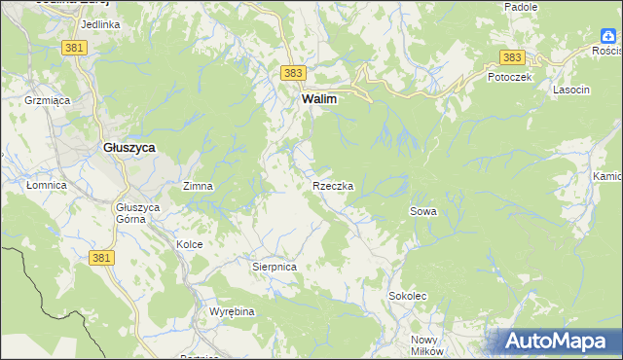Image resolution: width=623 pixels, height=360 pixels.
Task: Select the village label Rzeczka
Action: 333,185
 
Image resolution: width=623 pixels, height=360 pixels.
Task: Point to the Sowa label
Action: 422,210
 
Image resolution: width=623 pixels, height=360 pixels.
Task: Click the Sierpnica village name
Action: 274,266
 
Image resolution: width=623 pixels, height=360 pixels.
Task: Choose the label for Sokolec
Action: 408,295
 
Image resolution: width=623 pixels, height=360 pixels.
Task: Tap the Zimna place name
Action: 198,185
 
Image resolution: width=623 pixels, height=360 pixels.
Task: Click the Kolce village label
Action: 189,244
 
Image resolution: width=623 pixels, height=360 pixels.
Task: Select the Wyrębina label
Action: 232,311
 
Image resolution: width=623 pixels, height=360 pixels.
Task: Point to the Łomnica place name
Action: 46,185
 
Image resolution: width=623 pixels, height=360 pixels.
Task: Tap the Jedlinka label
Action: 101,23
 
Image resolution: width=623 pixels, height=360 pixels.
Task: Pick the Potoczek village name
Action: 509,78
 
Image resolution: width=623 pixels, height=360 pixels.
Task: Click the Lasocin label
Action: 571,90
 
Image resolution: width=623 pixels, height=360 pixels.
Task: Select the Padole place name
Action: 521,7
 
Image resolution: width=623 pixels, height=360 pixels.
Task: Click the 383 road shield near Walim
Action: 293,73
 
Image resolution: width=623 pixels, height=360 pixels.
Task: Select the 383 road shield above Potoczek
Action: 513,58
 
